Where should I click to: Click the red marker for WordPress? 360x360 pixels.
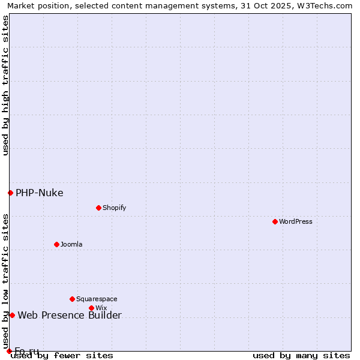pos(275,221)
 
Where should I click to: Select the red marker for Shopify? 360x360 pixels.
pos(98,208)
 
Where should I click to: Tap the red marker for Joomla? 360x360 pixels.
pos(57,244)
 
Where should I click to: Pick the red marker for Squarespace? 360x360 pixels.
pos(73,299)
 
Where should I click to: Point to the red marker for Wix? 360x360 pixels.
pos(92,308)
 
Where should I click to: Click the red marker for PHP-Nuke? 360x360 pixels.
pos(10,193)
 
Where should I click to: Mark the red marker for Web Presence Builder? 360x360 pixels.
pos(12,315)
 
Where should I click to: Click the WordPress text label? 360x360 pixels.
pos(296,221)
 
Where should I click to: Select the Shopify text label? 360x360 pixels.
pos(115,208)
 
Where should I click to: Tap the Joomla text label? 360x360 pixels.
pos(71,244)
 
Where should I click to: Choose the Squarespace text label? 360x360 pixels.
pos(97,299)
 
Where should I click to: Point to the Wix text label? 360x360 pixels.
pos(101,308)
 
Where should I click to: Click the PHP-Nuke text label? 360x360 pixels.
pos(40,193)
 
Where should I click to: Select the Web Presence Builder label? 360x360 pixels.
pos(70,315)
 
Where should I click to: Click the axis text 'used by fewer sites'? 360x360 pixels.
pos(62,355)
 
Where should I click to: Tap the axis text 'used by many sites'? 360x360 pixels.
pos(301,355)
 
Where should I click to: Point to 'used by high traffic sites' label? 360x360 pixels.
pos(5,85)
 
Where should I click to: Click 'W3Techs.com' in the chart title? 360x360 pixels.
pos(327,5)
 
